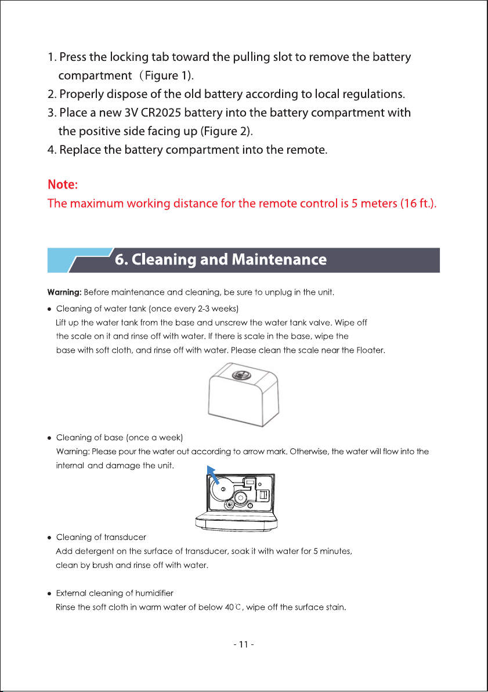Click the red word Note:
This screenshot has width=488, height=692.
pos(63,184)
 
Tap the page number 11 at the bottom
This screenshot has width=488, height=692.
pos(243,644)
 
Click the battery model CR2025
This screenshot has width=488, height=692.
pos(161,113)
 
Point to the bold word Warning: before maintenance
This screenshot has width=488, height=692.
pos(64,292)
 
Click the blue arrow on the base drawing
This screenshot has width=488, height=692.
pos(213,475)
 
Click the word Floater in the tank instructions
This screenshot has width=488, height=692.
pos(370,350)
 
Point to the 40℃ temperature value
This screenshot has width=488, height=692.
pos(232,607)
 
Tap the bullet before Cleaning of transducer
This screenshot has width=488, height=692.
pos(49,538)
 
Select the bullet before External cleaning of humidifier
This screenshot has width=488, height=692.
pos(49,594)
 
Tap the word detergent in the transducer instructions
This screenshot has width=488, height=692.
pos(95,551)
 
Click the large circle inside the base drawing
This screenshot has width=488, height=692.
pos(223,489)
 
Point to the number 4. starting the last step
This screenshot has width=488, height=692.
pos(52,150)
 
